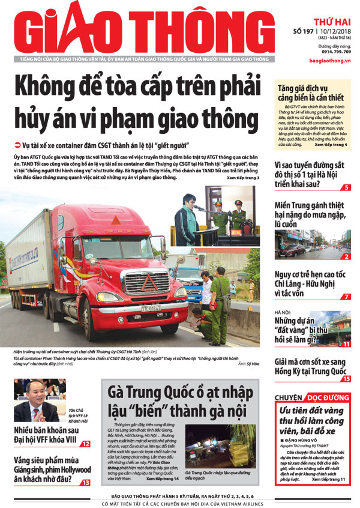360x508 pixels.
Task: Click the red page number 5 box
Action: tap(346, 188)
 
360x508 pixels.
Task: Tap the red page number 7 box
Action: tap(346, 297)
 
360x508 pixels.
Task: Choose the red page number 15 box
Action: tap(346, 379)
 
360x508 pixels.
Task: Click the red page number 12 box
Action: tap(86, 444)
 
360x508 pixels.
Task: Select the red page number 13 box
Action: tap(86, 482)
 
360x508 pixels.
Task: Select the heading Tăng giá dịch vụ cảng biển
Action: tap(310, 92)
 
